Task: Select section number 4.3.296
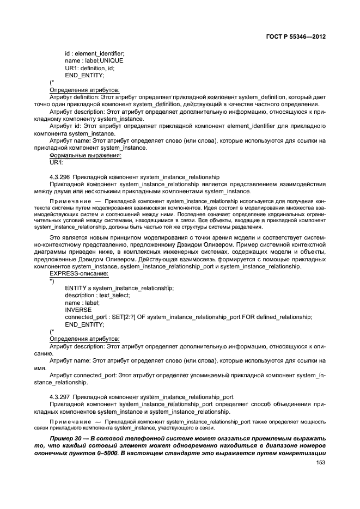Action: coord(60,177)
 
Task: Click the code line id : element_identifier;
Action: coord(94,53)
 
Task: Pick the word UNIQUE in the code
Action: coord(112,60)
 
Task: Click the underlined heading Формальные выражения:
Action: coord(85,155)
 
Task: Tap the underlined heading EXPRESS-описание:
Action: coord(79,273)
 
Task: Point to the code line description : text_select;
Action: coord(97,295)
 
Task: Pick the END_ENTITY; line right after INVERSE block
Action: coord(84,324)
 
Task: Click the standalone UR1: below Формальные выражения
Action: coord(57,162)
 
